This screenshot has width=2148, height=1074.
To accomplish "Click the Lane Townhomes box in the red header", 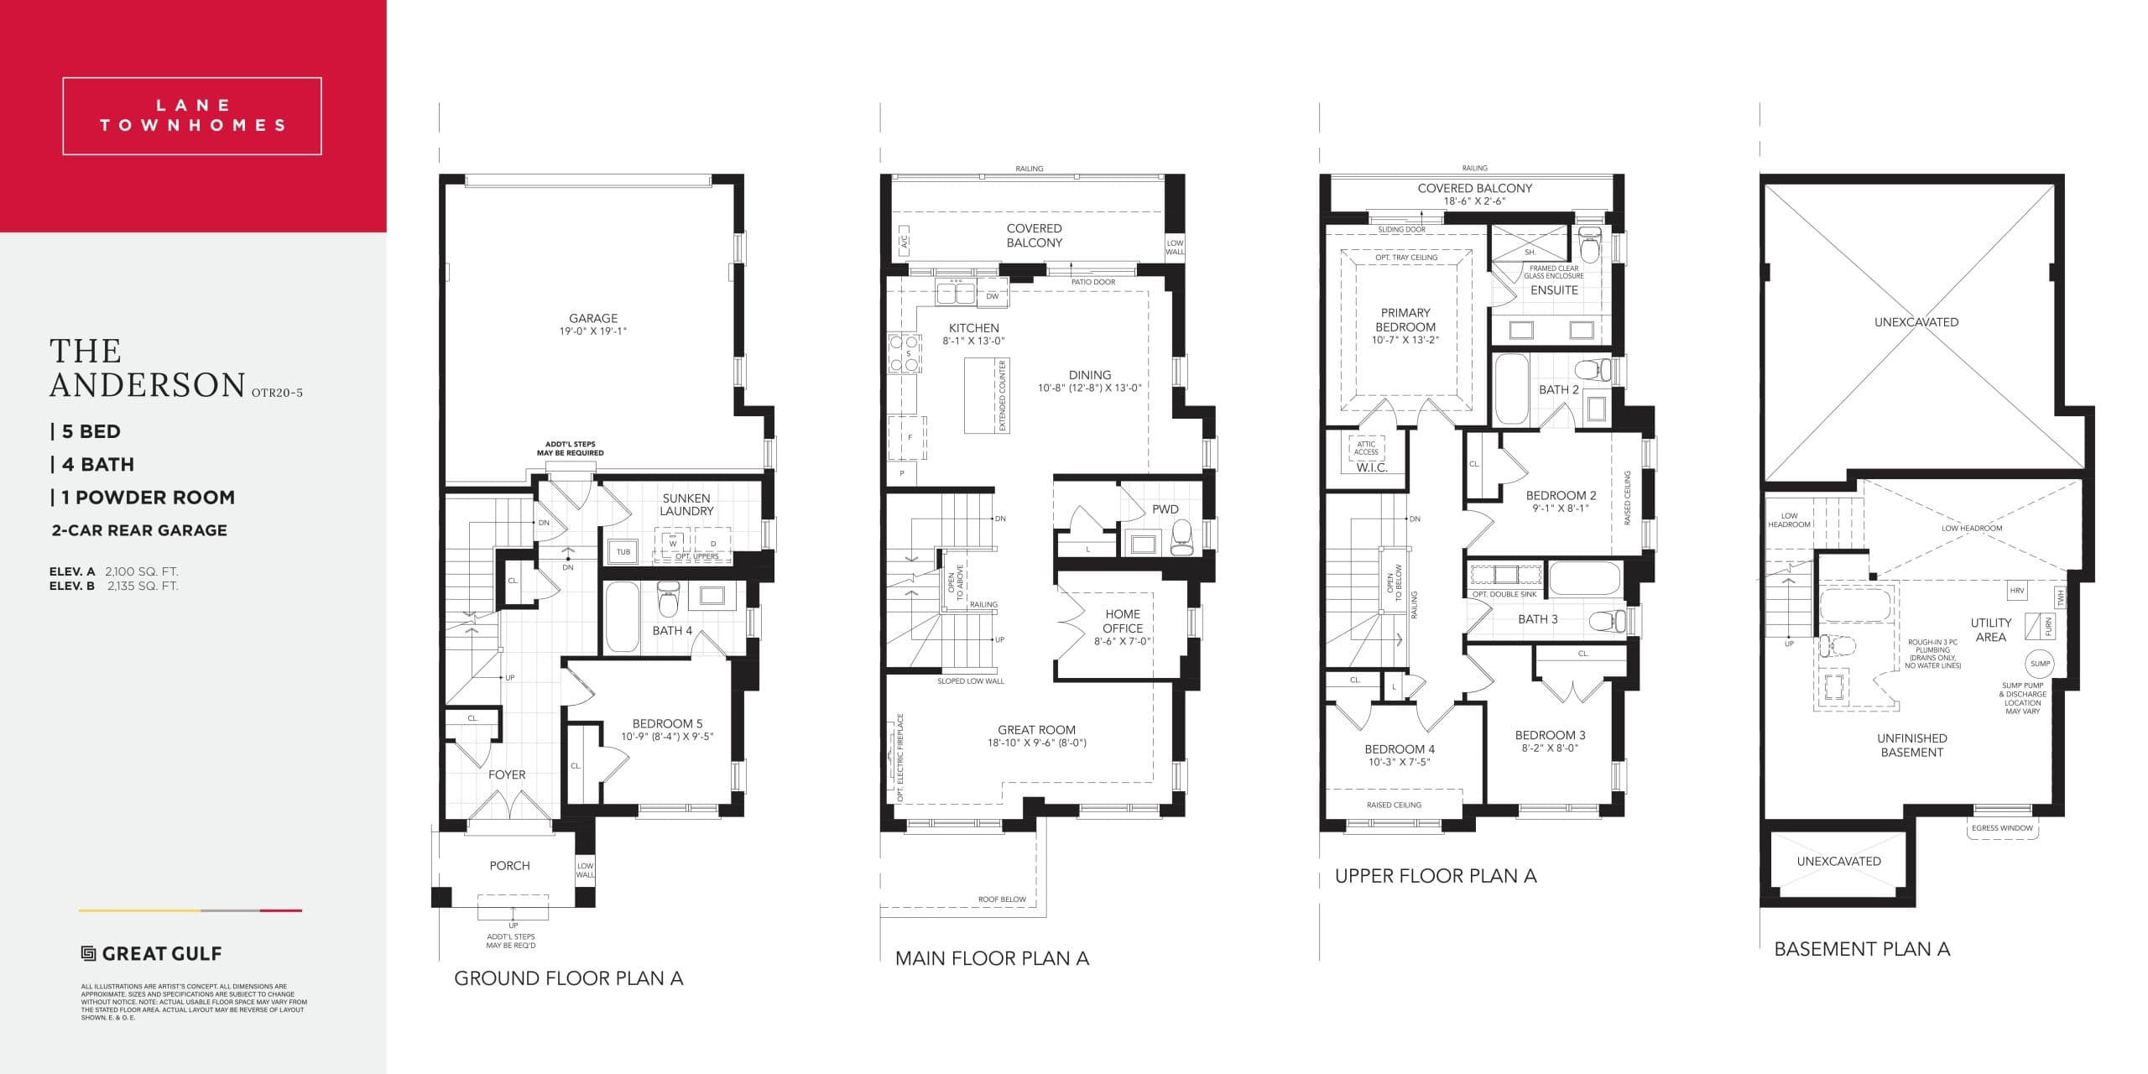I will [192, 116].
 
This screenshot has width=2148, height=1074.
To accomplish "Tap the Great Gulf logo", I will [152, 953].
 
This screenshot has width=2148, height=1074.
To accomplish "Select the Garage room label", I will [593, 319].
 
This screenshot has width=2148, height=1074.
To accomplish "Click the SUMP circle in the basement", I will [2040, 664].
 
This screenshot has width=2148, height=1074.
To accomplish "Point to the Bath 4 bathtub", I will [622, 617].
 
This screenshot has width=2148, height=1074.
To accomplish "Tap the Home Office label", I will [1122, 621].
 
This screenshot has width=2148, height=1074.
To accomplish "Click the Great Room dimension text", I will [1036, 743].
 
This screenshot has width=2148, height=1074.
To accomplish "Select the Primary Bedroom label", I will [1405, 320].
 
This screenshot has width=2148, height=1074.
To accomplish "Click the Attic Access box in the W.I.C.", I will [1365, 448].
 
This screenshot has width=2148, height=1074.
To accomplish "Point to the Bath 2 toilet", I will [1592, 369].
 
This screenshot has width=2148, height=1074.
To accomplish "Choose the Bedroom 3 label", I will [1550, 735].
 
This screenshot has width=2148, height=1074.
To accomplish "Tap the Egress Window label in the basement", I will [2002, 828].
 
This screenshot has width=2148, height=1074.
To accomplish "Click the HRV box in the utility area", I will [2017, 591].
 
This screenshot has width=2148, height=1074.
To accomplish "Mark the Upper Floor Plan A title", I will [1435, 876].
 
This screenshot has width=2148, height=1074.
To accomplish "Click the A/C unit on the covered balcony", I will [904, 242].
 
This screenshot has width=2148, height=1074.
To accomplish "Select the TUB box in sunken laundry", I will [623, 552].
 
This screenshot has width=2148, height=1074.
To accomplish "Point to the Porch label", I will [509, 865].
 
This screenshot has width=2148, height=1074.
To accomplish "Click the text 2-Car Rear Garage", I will [139, 530].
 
